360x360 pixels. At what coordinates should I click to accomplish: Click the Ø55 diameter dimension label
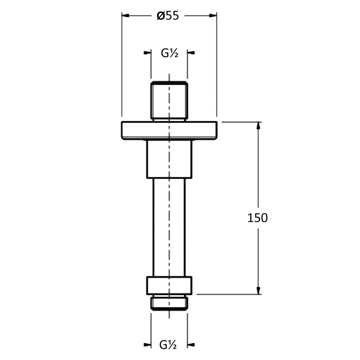pos(167,16)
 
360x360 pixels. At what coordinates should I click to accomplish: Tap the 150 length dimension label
pos(257,218)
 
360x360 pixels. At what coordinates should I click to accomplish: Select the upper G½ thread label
pos(170,53)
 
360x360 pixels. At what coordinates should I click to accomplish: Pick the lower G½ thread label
pos(168,345)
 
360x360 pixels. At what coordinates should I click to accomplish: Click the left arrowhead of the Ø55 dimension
pos(126,16)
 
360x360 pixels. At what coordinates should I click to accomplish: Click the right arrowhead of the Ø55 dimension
pos(213,16)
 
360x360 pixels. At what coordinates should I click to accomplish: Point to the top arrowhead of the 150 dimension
pos(258,126)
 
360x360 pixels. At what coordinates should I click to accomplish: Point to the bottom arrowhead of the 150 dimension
pos(258,290)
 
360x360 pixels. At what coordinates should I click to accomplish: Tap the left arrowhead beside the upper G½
pos(148,53)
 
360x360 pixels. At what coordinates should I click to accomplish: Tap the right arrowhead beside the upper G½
pos(191,53)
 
